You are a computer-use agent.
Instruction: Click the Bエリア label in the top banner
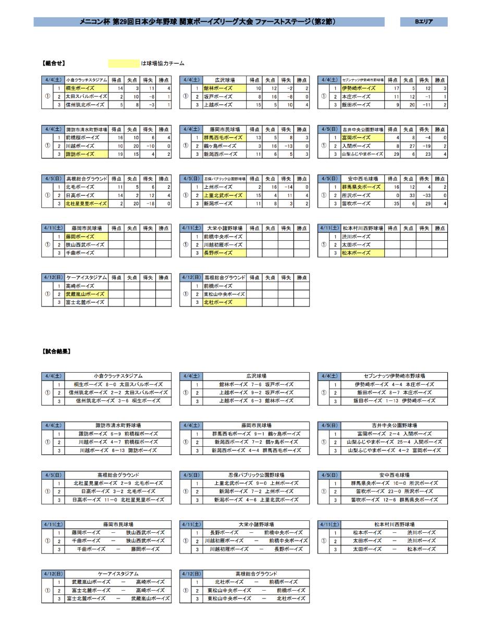click(423, 22)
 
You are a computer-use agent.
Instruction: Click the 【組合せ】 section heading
click(54, 64)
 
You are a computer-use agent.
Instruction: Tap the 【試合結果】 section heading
click(56, 351)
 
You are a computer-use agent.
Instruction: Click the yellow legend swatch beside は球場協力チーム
click(124, 64)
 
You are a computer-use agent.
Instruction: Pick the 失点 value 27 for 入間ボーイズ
click(408, 146)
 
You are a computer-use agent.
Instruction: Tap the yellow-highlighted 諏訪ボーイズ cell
click(85, 154)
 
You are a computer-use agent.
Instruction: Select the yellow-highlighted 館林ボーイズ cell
click(224, 89)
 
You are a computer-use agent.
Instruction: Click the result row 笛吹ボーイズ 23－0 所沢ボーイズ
click(394, 492)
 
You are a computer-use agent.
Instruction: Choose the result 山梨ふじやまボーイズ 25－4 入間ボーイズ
click(394, 442)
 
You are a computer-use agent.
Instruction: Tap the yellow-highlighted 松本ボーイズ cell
click(362, 253)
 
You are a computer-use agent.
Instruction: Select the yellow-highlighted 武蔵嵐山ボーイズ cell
click(85, 295)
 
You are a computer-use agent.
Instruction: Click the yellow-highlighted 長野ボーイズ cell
click(224, 253)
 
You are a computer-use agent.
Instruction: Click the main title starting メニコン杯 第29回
click(209, 22)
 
